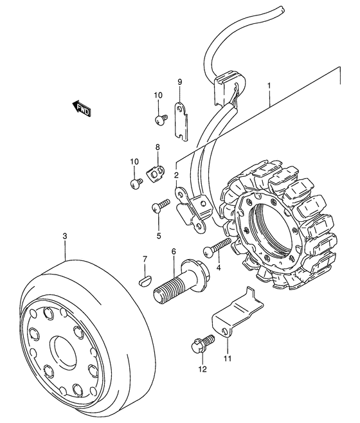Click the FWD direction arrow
click(x=82, y=109)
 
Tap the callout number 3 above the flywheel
click(x=65, y=237)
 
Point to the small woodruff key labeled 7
click(x=145, y=279)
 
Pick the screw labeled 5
click(x=160, y=205)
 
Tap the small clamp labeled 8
click(x=156, y=172)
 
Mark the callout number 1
click(x=269, y=85)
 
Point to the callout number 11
click(x=227, y=359)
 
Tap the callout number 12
click(x=203, y=369)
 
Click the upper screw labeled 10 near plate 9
click(x=161, y=119)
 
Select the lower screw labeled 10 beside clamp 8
click(x=136, y=183)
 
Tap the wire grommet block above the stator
click(x=230, y=87)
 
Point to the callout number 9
click(x=180, y=82)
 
